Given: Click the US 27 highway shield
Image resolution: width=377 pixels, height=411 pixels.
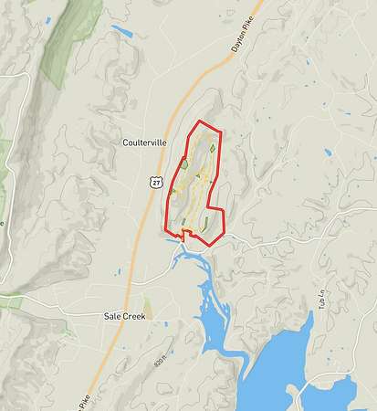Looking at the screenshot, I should tap(157, 183).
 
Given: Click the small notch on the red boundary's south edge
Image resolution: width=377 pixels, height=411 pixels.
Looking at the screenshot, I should tap(183, 235).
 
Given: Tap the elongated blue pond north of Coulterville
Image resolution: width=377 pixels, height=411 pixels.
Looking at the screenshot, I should tap(121, 32).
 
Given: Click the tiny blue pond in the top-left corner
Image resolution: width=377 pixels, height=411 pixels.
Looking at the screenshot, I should tap(27, 4).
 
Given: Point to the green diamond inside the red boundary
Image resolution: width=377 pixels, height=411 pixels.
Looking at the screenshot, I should tap(213, 147).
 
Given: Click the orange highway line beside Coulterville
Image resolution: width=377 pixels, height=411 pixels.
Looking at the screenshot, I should tap(137, 219).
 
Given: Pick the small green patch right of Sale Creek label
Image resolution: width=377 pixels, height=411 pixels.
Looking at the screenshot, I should tap(147, 305).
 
